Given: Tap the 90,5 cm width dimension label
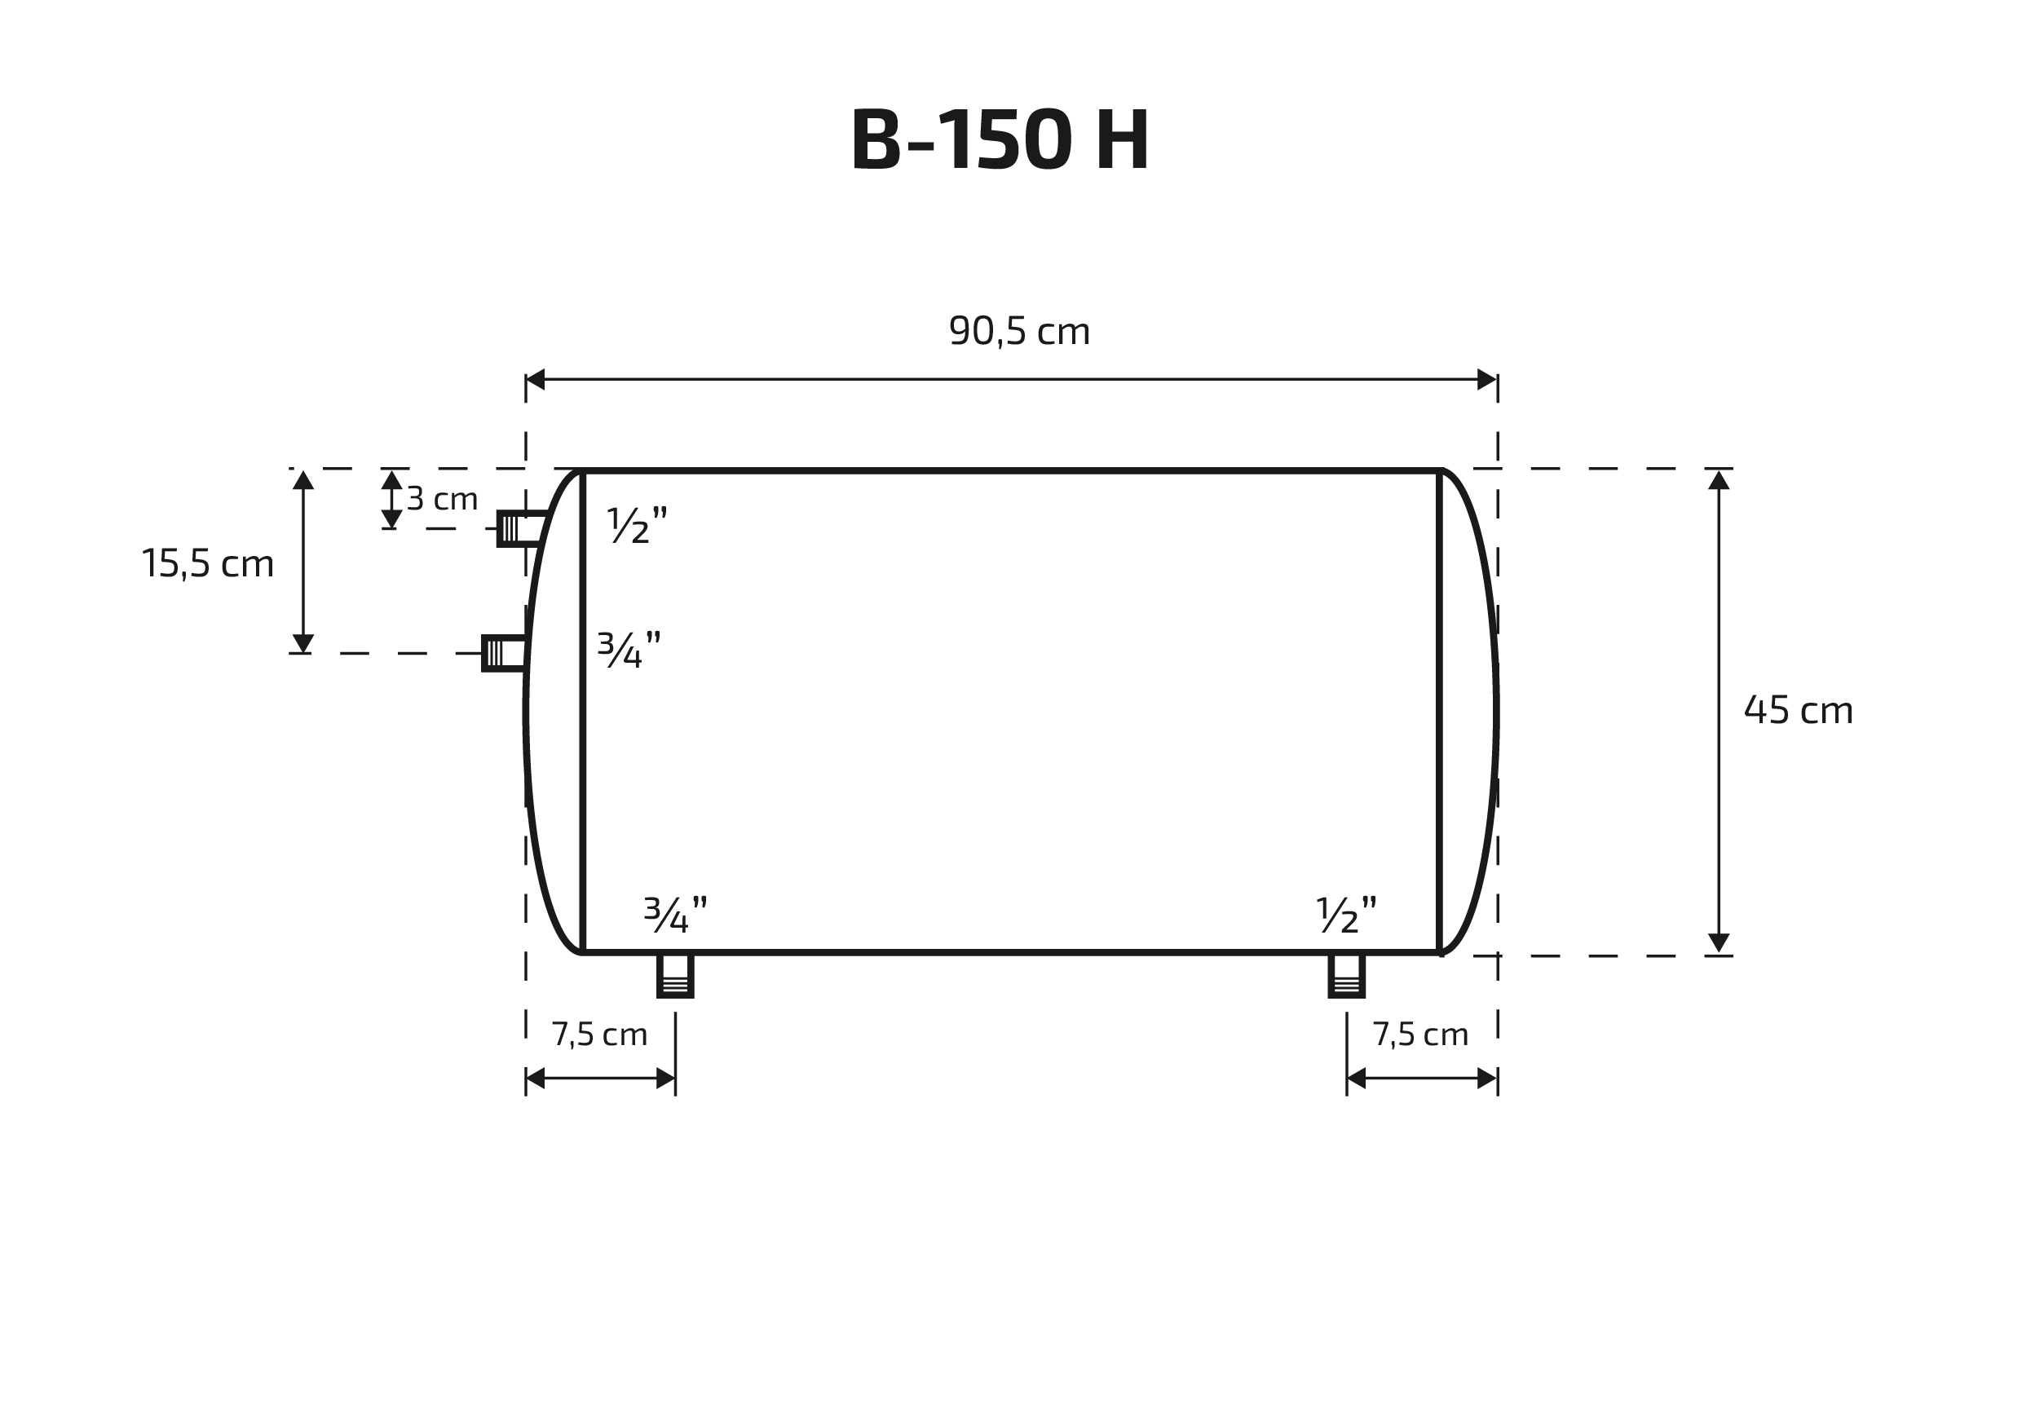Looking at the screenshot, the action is (1020, 332).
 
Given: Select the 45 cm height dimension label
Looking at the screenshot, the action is (1799, 710).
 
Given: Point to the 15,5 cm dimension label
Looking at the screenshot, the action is (208, 563).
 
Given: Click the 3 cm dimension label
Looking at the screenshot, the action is (442, 500).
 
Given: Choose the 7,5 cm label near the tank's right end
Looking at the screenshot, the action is (1420, 1035).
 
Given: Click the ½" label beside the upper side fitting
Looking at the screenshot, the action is (638, 525).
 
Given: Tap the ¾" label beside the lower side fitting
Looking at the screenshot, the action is (629, 649).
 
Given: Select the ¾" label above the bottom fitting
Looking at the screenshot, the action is (675, 914).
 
